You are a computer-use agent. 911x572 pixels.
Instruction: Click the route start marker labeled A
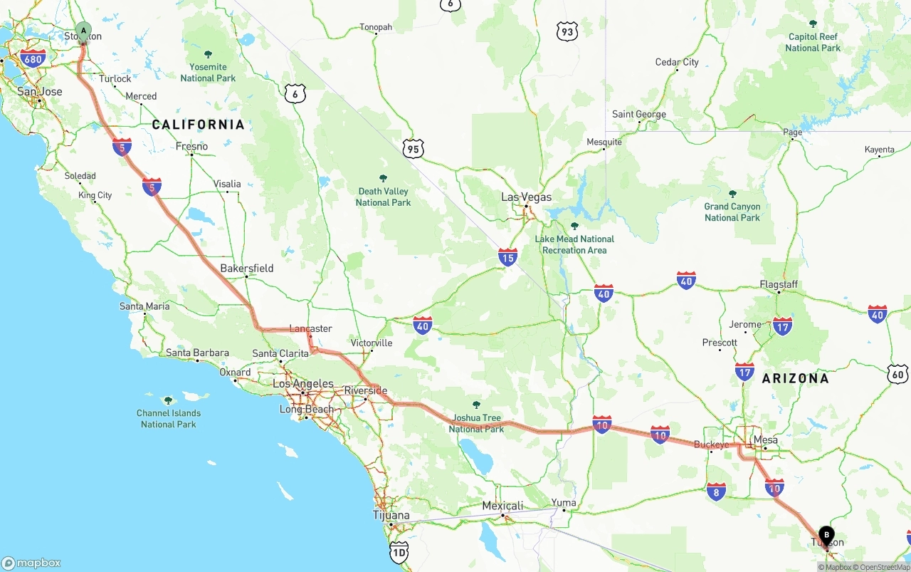point(84,31)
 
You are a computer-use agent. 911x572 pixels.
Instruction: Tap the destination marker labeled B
point(826,534)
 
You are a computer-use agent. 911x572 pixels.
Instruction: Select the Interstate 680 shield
point(33,58)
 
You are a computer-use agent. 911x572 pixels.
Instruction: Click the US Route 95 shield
point(413,149)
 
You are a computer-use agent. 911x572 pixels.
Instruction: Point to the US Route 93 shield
point(567,31)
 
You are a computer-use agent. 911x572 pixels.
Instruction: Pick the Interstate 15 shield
point(507,258)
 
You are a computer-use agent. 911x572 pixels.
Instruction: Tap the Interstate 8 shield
point(717,491)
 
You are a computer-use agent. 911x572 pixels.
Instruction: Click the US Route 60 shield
point(898,374)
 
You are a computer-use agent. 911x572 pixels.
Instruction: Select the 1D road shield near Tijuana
point(399,552)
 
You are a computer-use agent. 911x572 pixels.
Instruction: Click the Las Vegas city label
point(526,197)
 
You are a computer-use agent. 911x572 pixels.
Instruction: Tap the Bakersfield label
point(247,269)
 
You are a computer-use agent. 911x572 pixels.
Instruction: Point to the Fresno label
point(192,147)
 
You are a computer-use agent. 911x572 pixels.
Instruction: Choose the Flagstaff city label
point(779,285)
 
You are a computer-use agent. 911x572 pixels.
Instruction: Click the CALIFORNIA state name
point(198,125)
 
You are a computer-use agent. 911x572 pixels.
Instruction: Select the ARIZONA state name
point(795,378)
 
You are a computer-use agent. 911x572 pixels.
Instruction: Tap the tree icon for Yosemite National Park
point(208,55)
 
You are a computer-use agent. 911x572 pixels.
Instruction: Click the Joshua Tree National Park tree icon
point(476,405)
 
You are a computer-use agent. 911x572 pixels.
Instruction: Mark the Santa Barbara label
point(197,353)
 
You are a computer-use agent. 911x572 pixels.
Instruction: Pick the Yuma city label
point(564,503)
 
